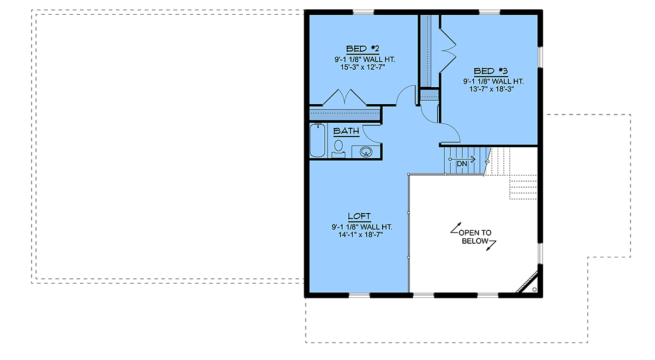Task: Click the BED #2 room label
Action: click(x=362, y=49)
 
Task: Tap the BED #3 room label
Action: click(x=491, y=71)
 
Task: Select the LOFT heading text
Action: click(x=359, y=216)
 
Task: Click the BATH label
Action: click(x=346, y=131)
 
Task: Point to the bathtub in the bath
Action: click(x=318, y=141)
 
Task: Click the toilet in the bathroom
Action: click(x=338, y=149)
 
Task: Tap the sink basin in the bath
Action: click(x=366, y=152)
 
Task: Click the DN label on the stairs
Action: click(x=462, y=164)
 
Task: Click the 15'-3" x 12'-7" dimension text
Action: click(x=362, y=67)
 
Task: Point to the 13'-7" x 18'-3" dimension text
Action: click(x=492, y=89)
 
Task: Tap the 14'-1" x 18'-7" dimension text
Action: click(x=361, y=235)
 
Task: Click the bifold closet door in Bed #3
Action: click(x=448, y=50)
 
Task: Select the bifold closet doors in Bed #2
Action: click(x=344, y=97)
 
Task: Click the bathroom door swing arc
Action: click(x=372, y=134)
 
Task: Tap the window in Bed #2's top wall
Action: click(x=364, y=12)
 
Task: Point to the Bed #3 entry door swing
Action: click(x=450, y=133)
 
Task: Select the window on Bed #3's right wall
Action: click(x=540, y=57)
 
